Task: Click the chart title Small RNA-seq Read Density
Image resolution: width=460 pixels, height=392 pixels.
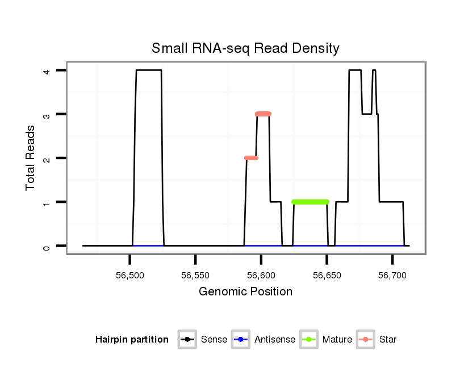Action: click(245, 48)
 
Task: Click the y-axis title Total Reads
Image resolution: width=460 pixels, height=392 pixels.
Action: click(31, 157)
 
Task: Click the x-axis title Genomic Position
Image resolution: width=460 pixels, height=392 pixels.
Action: click(245, 292)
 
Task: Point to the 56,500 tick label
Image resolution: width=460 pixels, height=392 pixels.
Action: click(130, 276)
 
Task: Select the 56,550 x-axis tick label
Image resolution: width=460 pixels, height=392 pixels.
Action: click(195, 276)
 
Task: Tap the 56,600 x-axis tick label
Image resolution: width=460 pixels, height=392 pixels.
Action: click(261, 276)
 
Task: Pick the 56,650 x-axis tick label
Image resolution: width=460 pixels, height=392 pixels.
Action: click(327, 276)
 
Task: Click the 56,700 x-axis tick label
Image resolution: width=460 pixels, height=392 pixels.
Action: click(392, 276)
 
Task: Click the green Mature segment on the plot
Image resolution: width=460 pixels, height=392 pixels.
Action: click(310, 202)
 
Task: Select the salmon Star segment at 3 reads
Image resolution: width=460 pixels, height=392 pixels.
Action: click(263, 114)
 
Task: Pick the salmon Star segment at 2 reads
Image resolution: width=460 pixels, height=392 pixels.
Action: click(251, 158)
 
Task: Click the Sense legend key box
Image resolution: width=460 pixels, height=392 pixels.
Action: click(187, 340)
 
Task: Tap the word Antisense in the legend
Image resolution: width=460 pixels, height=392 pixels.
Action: click(275, 340)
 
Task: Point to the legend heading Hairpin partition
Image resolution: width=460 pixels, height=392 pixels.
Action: click(132, 340)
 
